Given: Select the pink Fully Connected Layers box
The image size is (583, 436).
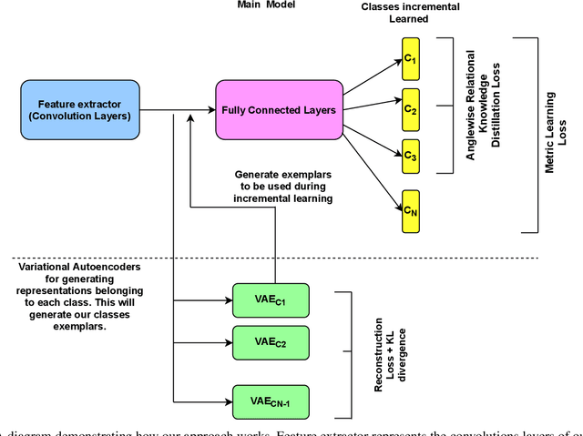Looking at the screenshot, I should point(277,110).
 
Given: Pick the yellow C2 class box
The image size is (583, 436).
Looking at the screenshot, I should point(411,108).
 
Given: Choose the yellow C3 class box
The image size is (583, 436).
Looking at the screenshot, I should point(411,155).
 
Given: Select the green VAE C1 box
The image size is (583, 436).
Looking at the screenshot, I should point(271,298).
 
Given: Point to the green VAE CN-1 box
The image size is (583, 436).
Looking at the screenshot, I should point(271,399).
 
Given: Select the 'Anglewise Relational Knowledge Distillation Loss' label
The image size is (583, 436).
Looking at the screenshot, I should point(483,105).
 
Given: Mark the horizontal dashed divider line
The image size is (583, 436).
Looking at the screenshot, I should point(273,258).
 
